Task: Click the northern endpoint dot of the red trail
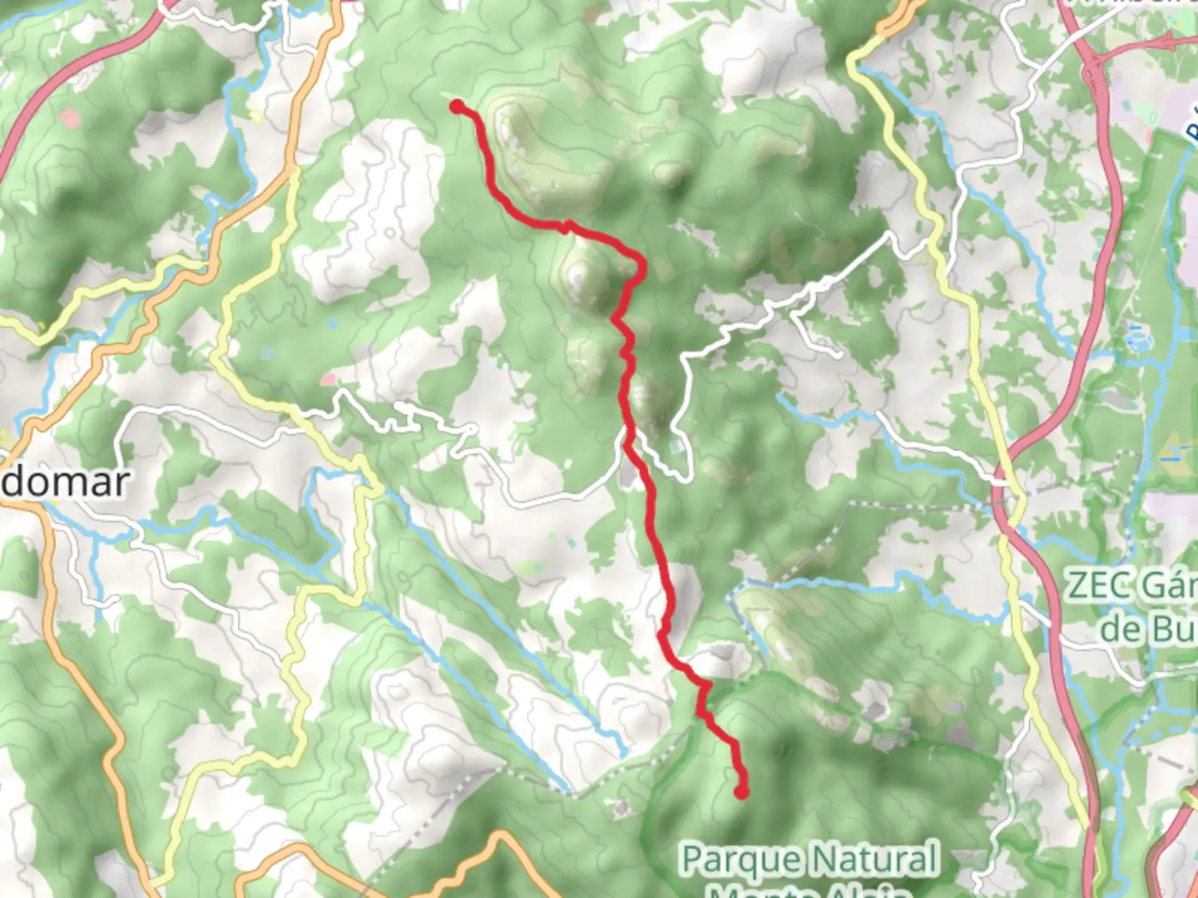458,106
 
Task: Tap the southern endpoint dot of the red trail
740,792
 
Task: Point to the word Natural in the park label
874,860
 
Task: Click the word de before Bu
1119,629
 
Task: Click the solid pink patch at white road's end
328,380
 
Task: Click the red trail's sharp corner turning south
641,264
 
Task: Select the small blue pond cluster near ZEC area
1134,338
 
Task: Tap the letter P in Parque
692,860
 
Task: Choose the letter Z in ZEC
1078,586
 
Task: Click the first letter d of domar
13,482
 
